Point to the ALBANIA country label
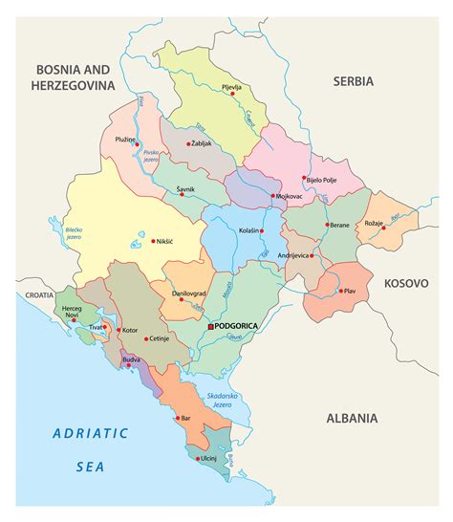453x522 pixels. point(352,418)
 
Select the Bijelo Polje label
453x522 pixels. point(322,179)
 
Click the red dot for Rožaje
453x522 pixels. point(383,228)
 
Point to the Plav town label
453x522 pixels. point(350,291)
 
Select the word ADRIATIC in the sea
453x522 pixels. point(90,433)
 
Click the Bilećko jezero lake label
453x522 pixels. point(74,232)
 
